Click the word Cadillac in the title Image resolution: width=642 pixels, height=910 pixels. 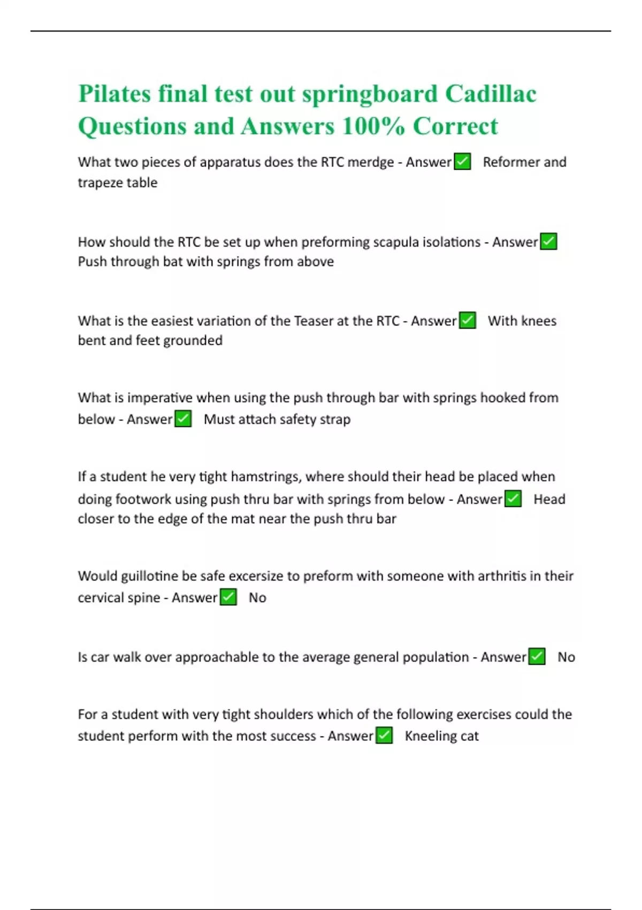491,94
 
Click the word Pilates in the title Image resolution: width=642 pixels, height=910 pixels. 114,94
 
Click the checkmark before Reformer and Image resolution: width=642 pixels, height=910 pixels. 462,162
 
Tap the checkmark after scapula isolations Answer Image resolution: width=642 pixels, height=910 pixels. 548,242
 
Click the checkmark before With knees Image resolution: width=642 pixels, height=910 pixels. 468,321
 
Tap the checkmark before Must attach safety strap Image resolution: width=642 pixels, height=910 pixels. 183,419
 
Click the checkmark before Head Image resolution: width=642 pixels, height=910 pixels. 513,499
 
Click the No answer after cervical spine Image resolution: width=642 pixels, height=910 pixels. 257,598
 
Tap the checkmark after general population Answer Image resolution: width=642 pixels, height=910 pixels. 537,657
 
